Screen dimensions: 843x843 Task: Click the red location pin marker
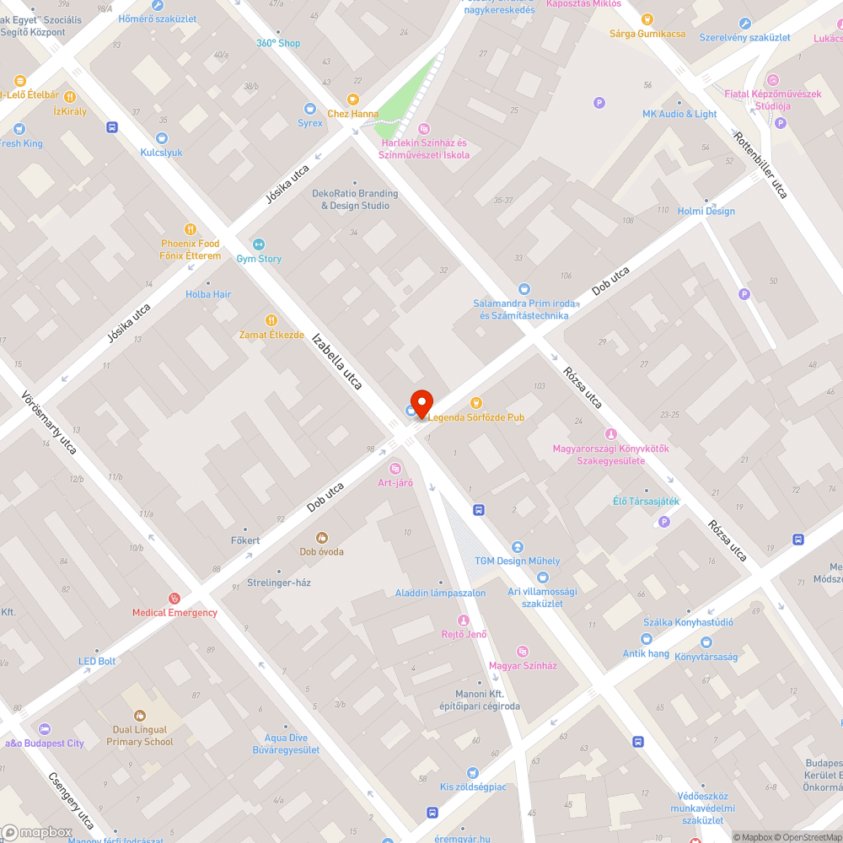(421, 402)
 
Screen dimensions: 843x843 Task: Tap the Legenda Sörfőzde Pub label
(475, 417)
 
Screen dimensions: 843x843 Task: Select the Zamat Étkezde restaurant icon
(271, 320)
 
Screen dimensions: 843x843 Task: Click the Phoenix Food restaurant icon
(191, 229)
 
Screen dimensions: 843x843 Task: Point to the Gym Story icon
(259, 244)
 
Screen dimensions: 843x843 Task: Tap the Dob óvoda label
(321, 552)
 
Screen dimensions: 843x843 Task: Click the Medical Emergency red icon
(174, 599)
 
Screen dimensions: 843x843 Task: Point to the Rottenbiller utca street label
(760, 165)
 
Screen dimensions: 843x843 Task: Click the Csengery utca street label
(72, 802)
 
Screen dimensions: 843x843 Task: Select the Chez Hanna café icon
(352, 99)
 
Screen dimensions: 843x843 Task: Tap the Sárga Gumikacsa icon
(647, 19)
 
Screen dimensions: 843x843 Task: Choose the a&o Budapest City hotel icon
(45, 729)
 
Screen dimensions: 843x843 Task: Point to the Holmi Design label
(706, 211)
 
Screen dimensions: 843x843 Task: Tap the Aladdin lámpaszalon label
(440, 593)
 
